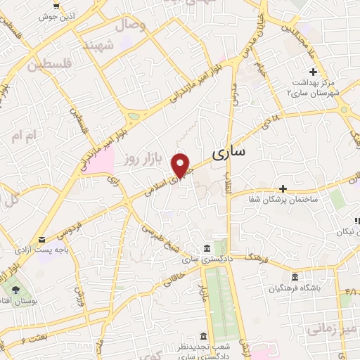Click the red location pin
(181, 166)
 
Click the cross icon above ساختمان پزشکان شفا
(283, 188)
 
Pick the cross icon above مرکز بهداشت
(314, 71)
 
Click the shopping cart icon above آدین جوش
(56, 6)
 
